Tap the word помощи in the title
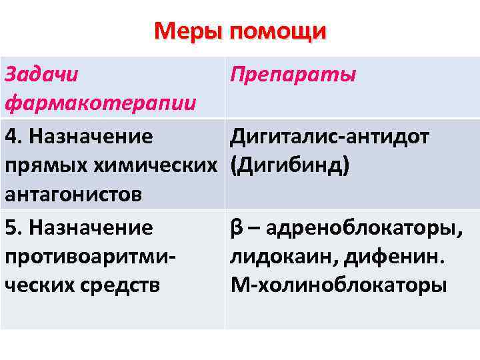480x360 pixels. (x=277, y=32)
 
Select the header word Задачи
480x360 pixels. (x=41, y=74)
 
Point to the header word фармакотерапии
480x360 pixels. (x=101, y=103)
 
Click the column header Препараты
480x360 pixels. (x=294, y=74)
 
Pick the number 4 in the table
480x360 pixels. (x=10, y=137)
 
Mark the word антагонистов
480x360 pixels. (x=73, y=195)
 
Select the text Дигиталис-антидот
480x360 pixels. (x=330, y=137)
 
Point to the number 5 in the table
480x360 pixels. (x=10, y=227)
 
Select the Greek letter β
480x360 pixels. (x=236, y=228)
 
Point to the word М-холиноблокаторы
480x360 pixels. (x=339, y=285)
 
